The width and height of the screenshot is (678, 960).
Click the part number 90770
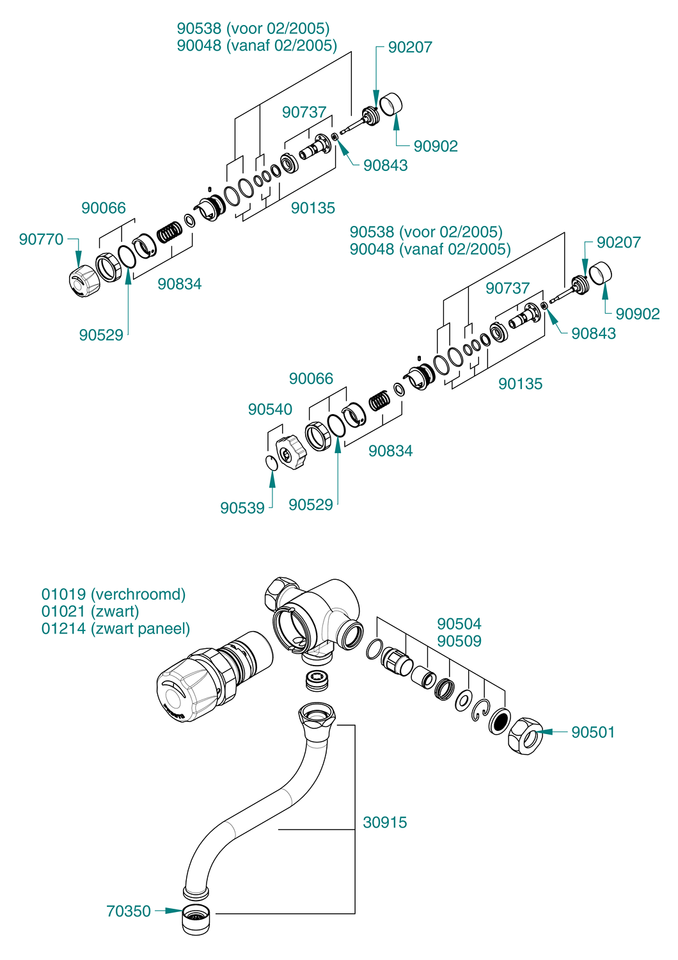[x=41, y=239]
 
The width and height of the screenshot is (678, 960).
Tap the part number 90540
[x=270, y=410]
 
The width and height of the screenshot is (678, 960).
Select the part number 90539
[x=242, y=508]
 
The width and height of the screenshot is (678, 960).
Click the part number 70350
[x=129, y=911]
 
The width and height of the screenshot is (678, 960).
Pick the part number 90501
[x=593, y=732]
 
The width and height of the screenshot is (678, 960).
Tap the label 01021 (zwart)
[x=90, y=611]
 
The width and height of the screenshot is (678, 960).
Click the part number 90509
[x=459, y=641]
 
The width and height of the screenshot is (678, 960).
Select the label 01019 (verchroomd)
[x=113, y=594]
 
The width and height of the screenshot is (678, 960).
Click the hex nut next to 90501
[x=525, y=736]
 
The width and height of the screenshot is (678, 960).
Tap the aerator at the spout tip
[x=196, y=919]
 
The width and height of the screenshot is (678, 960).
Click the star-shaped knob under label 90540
[x=292, y=452]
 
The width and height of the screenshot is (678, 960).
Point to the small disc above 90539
[x=271, y=463]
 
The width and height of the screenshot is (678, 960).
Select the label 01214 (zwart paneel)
[x=116, y=628]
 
